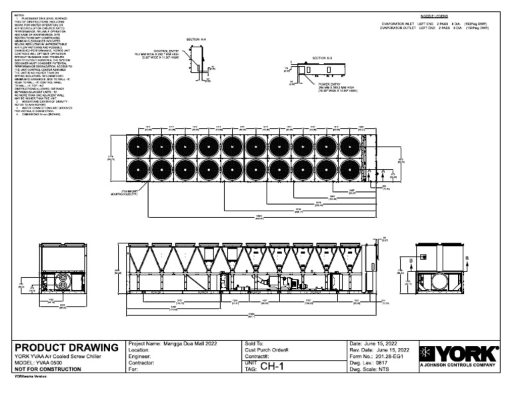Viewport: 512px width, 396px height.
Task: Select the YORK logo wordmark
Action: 467,353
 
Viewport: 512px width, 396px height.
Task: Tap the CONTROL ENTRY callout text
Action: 167,51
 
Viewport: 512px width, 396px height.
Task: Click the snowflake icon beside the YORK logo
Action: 427,353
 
